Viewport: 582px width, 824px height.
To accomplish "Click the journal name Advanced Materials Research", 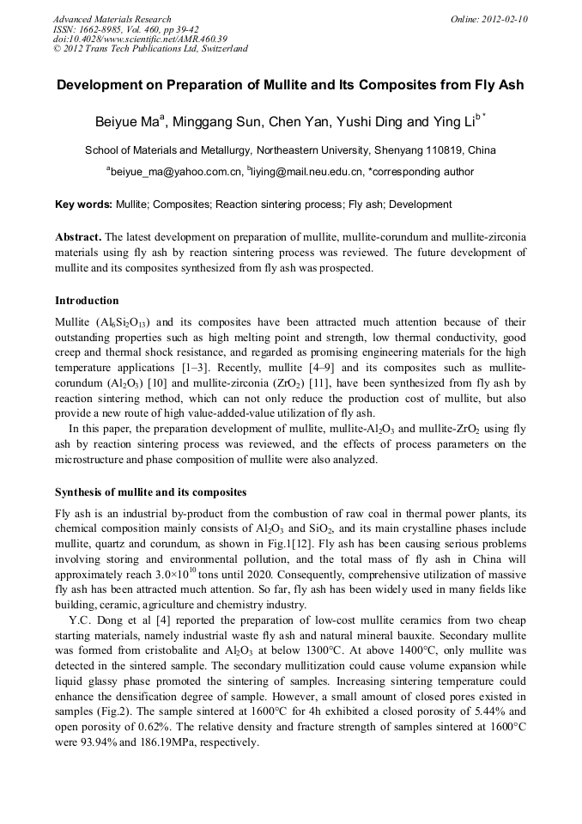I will click(112, 19).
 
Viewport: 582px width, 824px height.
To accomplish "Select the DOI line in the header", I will click(140, 39).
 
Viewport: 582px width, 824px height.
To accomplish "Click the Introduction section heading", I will click(87, 301).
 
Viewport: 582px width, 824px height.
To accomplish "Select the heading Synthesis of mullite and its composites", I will click(150, 492).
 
